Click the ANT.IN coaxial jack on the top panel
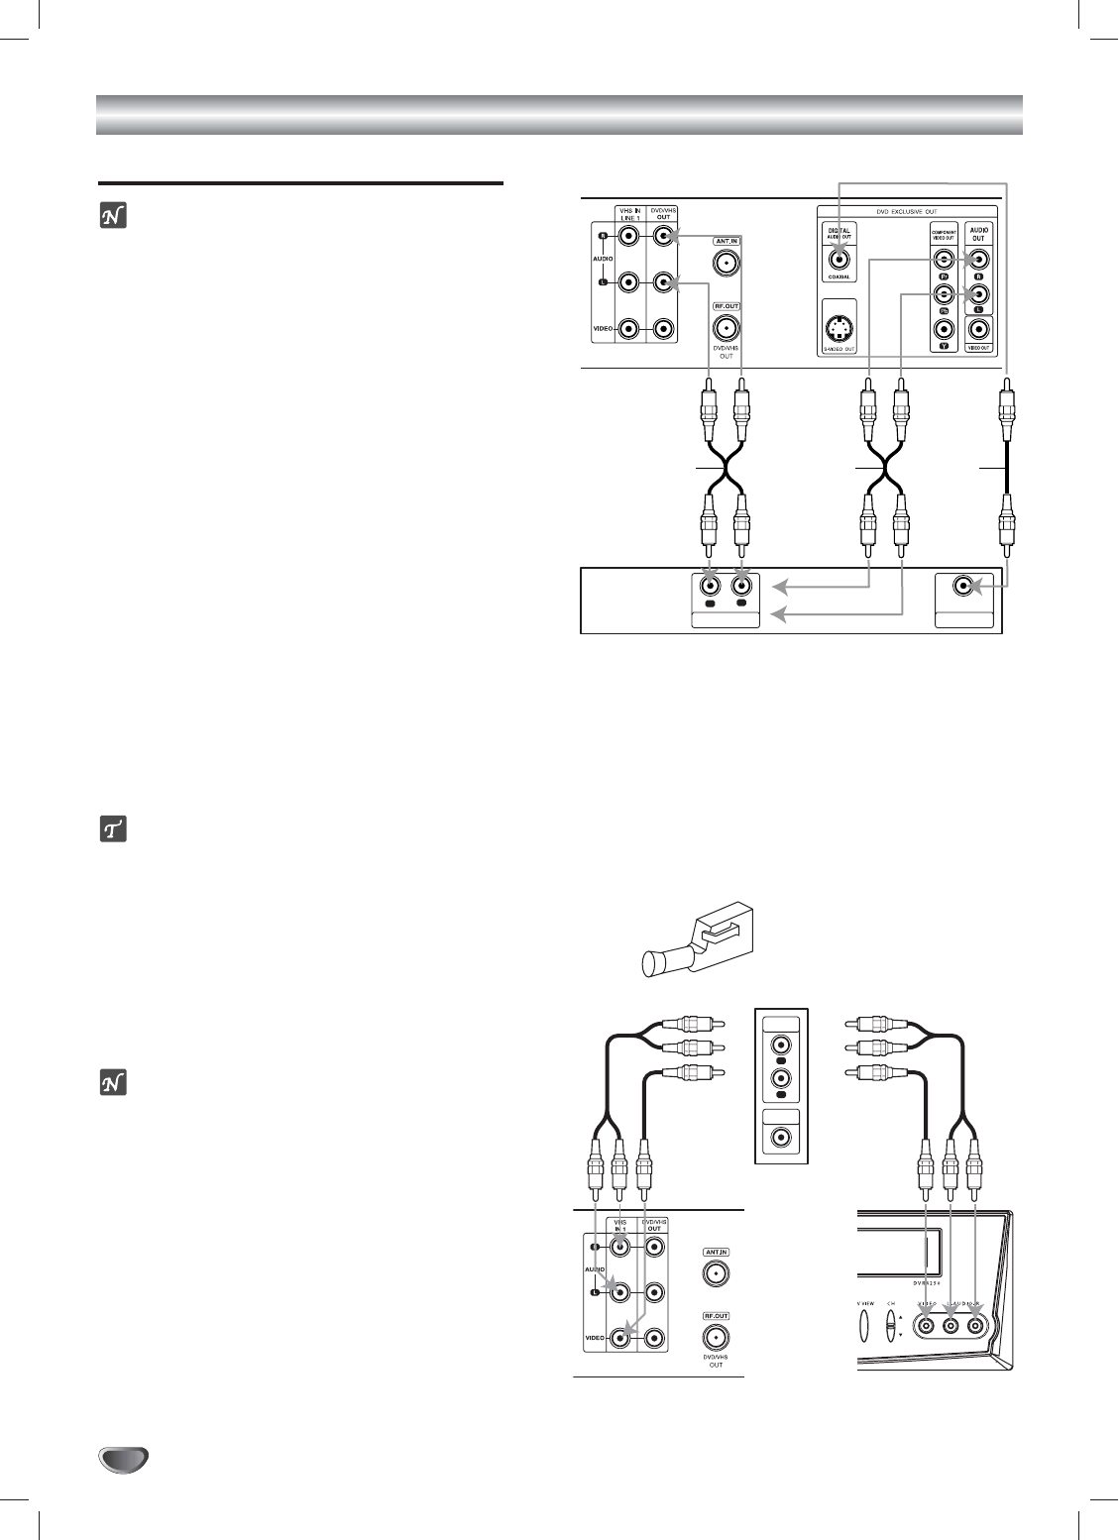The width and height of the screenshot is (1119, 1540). click(x=727, y=263)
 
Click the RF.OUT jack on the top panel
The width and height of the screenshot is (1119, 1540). click(x=727, y=329)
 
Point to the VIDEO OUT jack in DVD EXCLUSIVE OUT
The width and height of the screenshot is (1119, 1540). click(x=978, y=330)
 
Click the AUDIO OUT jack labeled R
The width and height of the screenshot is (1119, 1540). click(x=978, y=260)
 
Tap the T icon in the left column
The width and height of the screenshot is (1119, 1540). click(x=113, y=830)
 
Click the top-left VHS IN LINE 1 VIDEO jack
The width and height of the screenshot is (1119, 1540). click(x=627, y=329)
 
